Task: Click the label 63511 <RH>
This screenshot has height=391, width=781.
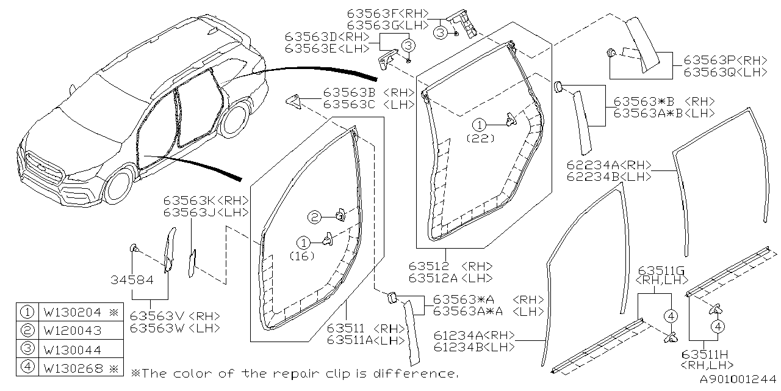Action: [366, 328]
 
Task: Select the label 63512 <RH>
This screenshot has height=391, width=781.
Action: [448, 266]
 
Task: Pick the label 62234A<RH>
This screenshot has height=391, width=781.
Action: [609, 166]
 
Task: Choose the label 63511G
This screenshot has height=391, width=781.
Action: [661, 271]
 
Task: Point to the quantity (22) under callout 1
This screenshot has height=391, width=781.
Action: [480, 139]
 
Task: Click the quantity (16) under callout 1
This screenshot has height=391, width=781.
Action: [302, 256]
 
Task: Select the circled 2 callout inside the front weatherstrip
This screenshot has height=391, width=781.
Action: [314, 216]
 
